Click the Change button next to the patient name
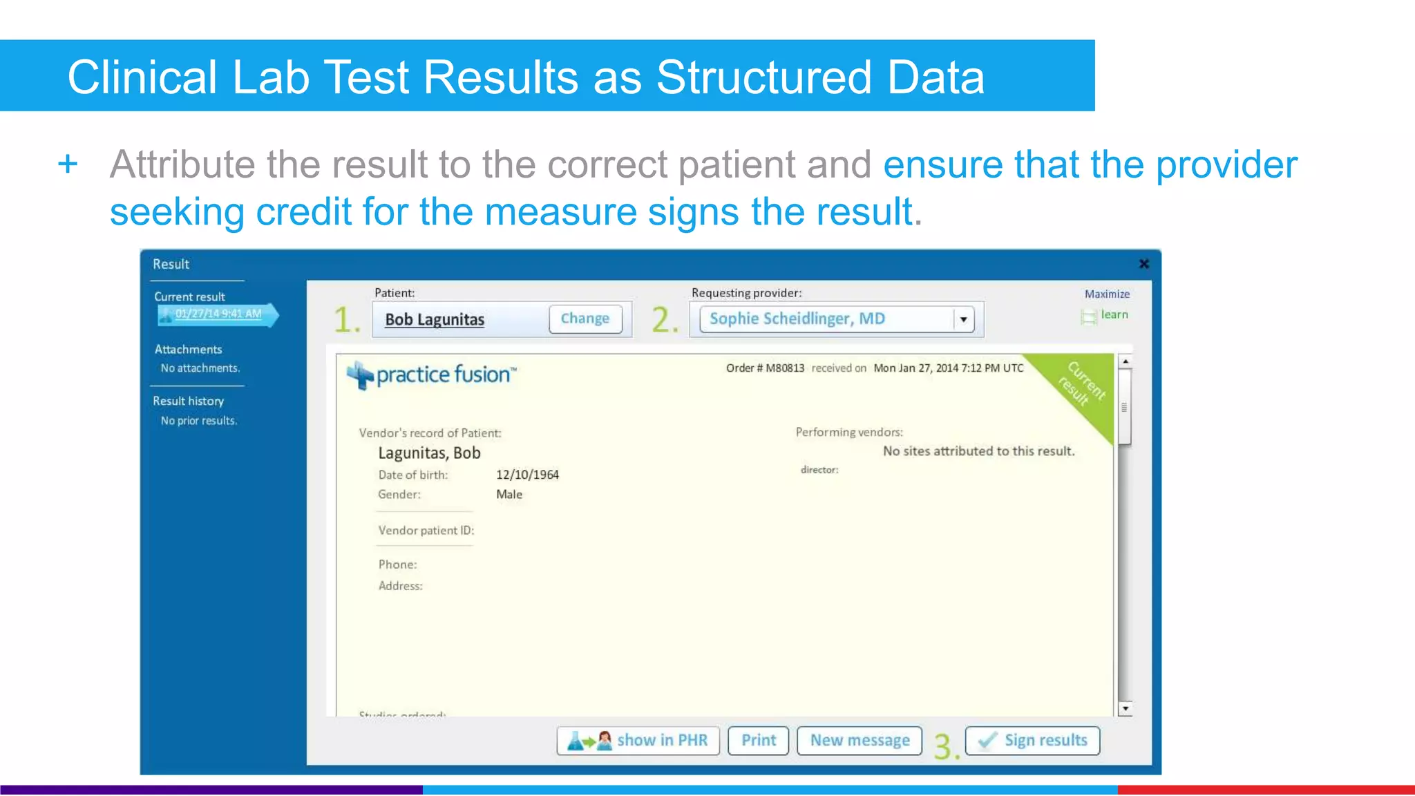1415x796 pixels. coord(585,319)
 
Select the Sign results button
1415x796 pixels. coord(1032,741)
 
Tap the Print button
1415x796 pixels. coord(758,741)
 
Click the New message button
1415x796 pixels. coord(860,741)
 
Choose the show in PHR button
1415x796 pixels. coord(638,741)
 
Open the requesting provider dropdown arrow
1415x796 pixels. coord(963,320)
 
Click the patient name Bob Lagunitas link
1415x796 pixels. coord(435,320)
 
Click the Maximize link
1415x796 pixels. coord(1107,294)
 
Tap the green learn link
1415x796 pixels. coord(1114,315)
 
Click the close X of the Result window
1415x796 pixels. coord(1144,264)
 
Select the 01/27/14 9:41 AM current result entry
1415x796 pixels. coord(218,314)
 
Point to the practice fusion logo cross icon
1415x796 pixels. coord(360,375)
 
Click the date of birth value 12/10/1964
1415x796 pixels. coord(527,475)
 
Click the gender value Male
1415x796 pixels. coord(509,495)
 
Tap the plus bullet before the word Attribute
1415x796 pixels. coord(68,165)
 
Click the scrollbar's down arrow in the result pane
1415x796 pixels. coord(1126,708)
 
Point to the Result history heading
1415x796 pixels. coord(188,401)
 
